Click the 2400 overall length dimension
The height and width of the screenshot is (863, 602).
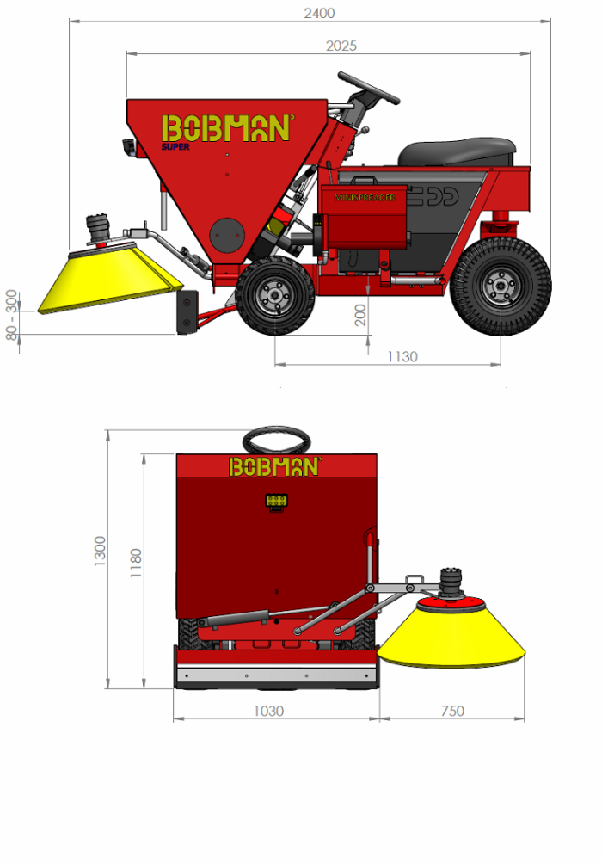pos(319,13)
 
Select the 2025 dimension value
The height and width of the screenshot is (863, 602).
pos(341,46)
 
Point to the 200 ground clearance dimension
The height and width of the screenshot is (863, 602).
pos(361,315)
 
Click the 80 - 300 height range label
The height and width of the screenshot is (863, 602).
pos(12,315)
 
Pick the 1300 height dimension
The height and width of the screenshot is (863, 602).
pos(101,551)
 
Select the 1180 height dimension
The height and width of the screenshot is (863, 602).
pos(135,563)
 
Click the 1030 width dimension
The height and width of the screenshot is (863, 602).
pos(268,711)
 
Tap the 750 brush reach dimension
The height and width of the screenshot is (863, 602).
pos(451,711)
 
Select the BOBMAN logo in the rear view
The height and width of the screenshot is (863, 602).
pos(274,466)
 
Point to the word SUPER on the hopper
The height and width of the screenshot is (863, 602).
pos(175,146)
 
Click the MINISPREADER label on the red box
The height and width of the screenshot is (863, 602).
pos(365,197)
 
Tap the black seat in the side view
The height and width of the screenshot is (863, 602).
pos(457,152)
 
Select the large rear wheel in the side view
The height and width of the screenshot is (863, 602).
pos(500,287)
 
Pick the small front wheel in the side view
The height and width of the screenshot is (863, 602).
pos(275,295)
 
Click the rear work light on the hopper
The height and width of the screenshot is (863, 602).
pos(276,501)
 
